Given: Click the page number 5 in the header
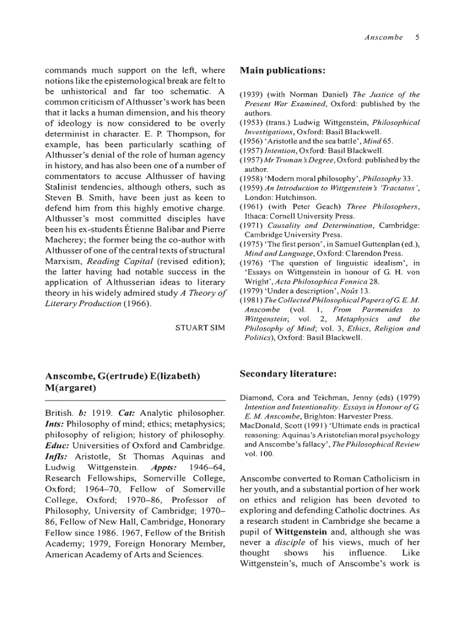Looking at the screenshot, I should point(417,37).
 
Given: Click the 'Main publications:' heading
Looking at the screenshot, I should point(282,71).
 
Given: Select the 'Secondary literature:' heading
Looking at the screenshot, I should point(288,374).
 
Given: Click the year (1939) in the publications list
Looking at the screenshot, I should point(250,95).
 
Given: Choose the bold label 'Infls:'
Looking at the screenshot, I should point(56,457).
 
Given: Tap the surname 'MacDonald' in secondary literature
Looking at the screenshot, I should point(259,426).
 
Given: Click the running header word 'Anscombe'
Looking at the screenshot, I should point(383,37).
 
